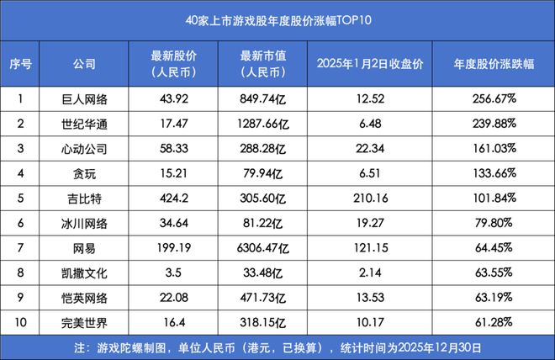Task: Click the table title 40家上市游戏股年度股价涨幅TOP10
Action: [277, 17]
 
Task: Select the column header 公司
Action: [85, 64]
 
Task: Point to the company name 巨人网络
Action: [85, 99]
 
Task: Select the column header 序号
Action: [19, 64]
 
